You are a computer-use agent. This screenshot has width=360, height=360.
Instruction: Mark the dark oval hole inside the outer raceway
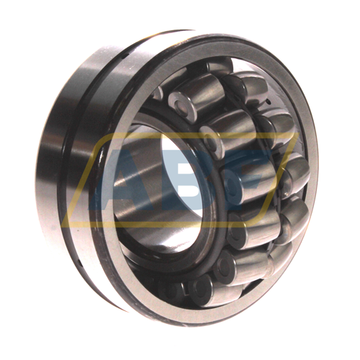(268, 103)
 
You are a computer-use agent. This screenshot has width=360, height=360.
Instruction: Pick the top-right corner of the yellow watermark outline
(299, 133)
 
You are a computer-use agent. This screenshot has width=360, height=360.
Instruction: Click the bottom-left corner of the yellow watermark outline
(62, 226)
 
